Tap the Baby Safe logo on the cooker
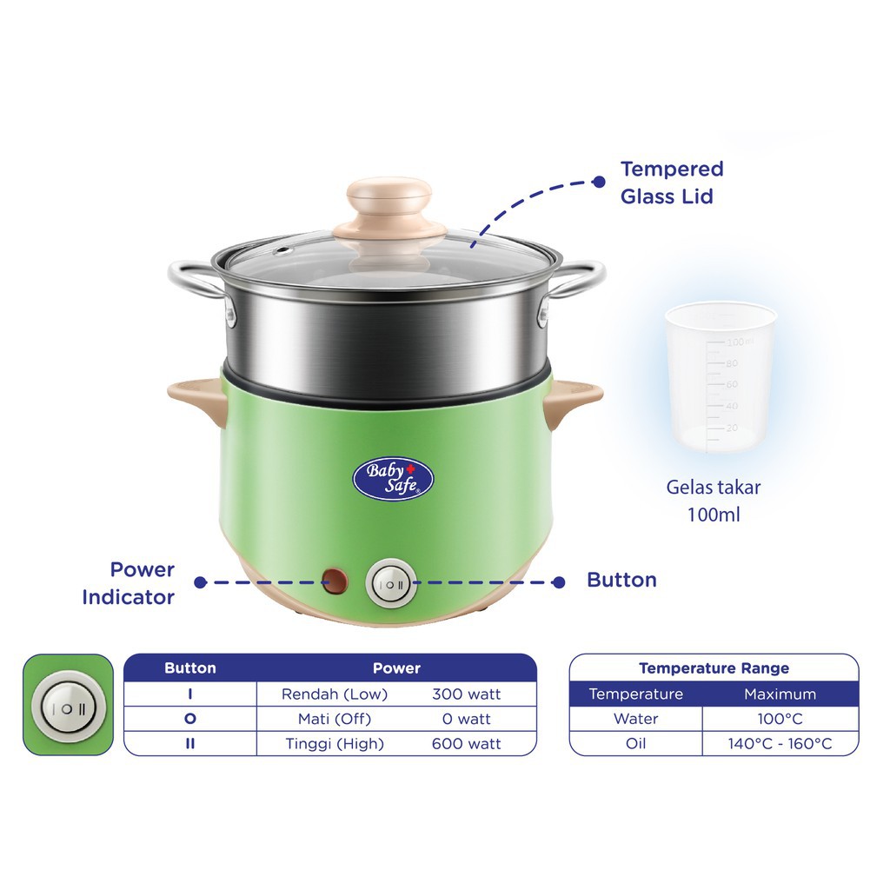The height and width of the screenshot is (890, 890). coord(393,480)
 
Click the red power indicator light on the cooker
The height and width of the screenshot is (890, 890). coord(334,581)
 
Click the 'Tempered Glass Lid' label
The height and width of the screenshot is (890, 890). coord(671,183)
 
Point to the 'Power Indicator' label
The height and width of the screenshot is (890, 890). coord(129,583)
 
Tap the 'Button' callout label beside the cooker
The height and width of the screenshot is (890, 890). coord(621,580)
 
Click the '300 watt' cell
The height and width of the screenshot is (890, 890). coord(467,694)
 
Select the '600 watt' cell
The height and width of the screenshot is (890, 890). coord(467,744)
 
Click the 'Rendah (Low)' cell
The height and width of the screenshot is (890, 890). coord(335,694)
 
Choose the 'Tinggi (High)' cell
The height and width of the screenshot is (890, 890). coord(335,744)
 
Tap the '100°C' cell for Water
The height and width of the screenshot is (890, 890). coord(780,719)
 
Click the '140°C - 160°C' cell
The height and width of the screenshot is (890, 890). coord(780,744)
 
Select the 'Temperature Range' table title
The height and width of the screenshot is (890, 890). coord(714,668)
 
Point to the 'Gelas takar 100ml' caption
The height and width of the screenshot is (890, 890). coord(714,501)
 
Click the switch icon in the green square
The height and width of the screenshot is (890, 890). coord(68,706)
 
